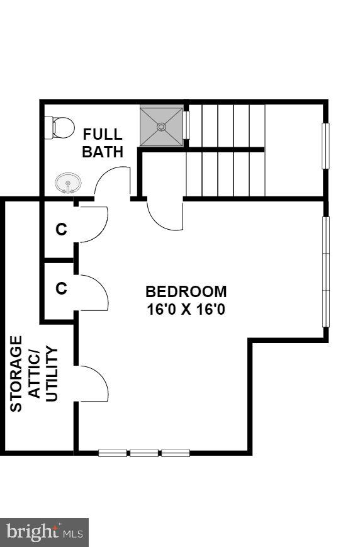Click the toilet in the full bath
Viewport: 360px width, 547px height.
pyautogui.click(x=60, y=128)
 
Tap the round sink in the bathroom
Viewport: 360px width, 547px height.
pyautogui.click(x=68, y=184)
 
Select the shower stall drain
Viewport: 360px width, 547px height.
pyautogui.click(x=161, y=127)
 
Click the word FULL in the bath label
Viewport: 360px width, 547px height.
pyautogui.click(x=103, y=135)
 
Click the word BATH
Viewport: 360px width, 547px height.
pyautogui.click(x=103, y=152)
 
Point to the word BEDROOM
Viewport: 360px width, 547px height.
pyautogui.click(x=186, y=292)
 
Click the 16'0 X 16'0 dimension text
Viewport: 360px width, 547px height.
pyautogui.click(x=186, y=310)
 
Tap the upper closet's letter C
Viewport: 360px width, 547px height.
pyautogui.click(x=61, y=230)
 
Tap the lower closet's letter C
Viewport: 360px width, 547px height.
pyautogui.click(x=61, y=288)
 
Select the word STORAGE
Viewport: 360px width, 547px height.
pyautogui.click(x=16, y=374)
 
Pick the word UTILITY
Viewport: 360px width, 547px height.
pyautogui.click(x=52, y=374)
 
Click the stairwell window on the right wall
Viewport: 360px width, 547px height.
pyautogui.click(x=325, y=146)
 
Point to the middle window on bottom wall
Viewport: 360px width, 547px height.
pyautogui.click(x=144, y=453)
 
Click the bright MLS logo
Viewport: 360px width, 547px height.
pyautogui.click(x=45, y=533)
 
